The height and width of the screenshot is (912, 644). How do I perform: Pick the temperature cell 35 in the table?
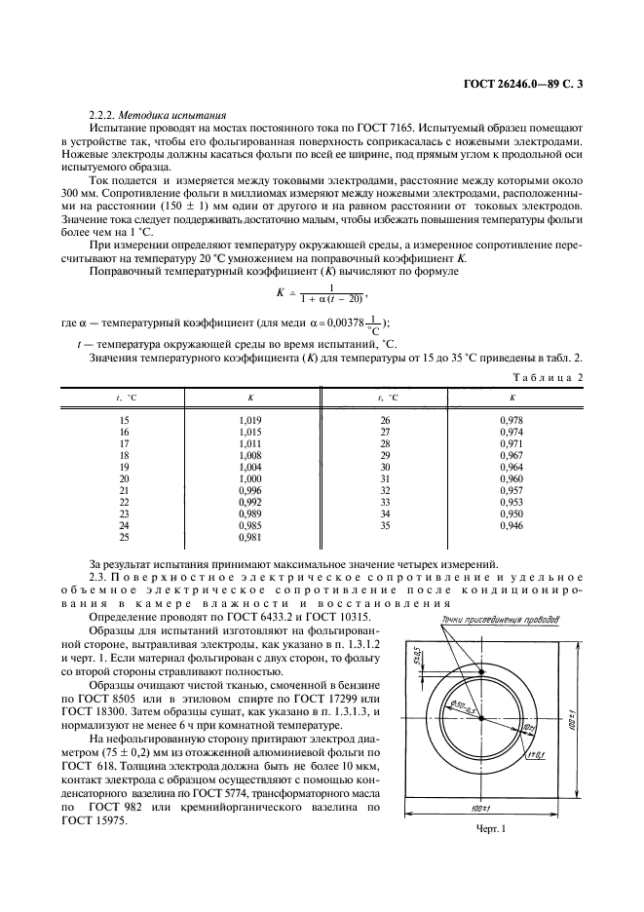(x=384, y=526)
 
